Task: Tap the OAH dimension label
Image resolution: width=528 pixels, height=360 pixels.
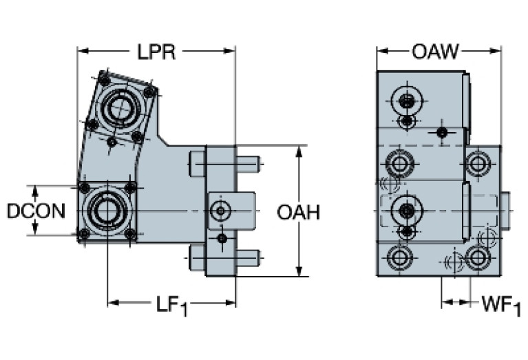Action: point(298,213)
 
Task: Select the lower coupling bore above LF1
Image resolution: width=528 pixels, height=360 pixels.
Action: point(107,210)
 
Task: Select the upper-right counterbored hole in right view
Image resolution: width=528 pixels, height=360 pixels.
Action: point(476,164)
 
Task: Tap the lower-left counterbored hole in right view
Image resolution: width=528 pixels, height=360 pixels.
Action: point(399,258)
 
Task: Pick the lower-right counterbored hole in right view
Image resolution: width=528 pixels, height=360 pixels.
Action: point(476,257)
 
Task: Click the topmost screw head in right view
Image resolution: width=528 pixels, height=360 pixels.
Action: point(407,101)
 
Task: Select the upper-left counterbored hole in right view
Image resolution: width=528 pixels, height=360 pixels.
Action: point(399,164)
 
